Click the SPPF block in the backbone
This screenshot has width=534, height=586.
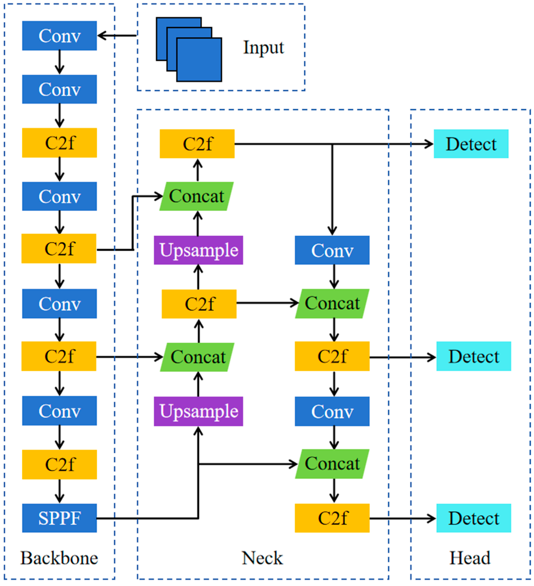(59, 518)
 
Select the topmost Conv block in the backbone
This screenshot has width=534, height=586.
(59, 36)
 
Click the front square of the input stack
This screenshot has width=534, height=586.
(199, 60)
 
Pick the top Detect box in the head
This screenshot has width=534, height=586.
(471, 144)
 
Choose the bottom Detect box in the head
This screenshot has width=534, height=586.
(474, 518)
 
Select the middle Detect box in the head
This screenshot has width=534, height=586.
(474, 356)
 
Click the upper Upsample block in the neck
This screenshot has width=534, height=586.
(198, 250)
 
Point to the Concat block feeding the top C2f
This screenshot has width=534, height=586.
(197, 196)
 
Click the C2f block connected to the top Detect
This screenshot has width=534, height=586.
(197, 144)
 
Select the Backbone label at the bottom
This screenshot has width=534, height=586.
(59, 558)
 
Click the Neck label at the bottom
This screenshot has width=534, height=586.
(262, 558)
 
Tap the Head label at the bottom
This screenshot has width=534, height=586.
(470, 558)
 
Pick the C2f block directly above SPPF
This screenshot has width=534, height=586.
(59, 464)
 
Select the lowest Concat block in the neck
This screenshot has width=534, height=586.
(332, 464)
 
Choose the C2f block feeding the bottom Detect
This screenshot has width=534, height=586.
(332, 518)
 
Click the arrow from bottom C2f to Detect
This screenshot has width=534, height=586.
(402, 518)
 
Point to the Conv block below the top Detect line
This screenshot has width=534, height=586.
(332, 250)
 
